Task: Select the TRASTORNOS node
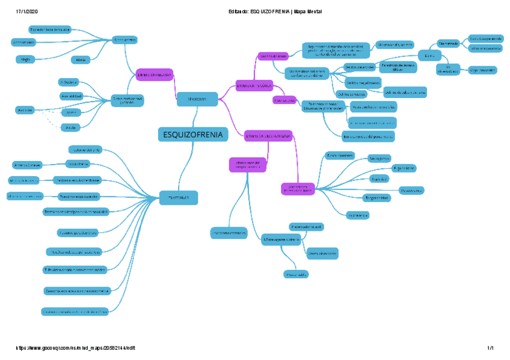pyautogui.click(x=179, y=197)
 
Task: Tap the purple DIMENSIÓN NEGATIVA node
pyautogui.click(x=155, y=74)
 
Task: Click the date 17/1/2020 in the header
pyautogui.click(x=26, y=12)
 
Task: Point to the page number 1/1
pyautogui.click(x=490, y=348)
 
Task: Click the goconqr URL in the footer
pyautogui.click(x=79, y=348)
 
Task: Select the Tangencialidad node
pyautogui.click(x=377, y=198)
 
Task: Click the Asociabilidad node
pyautogui.click(x=72, y=96)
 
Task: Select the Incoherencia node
pyautogui.click(x=358, y=215)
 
